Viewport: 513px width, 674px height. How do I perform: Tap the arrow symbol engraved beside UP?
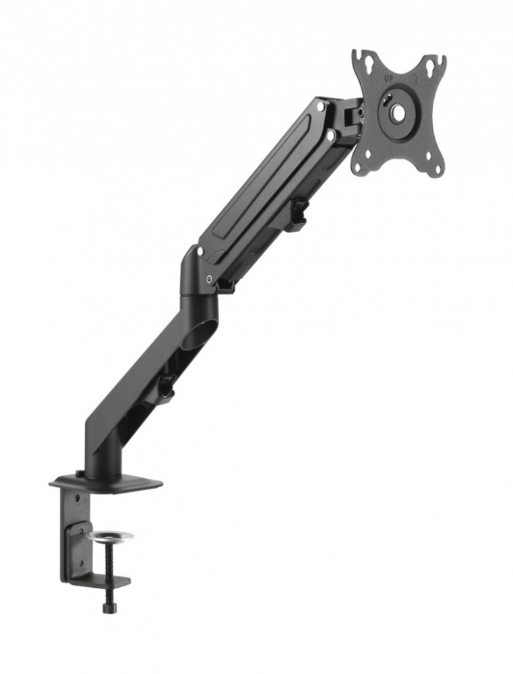407,78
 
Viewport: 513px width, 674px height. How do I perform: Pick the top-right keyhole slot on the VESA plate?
431,66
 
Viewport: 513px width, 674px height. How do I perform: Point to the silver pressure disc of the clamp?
110,537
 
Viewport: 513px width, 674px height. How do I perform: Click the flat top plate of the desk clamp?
108,483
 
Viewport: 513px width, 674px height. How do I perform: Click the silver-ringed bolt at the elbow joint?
210,278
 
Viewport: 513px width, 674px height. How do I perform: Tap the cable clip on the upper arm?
296,215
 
